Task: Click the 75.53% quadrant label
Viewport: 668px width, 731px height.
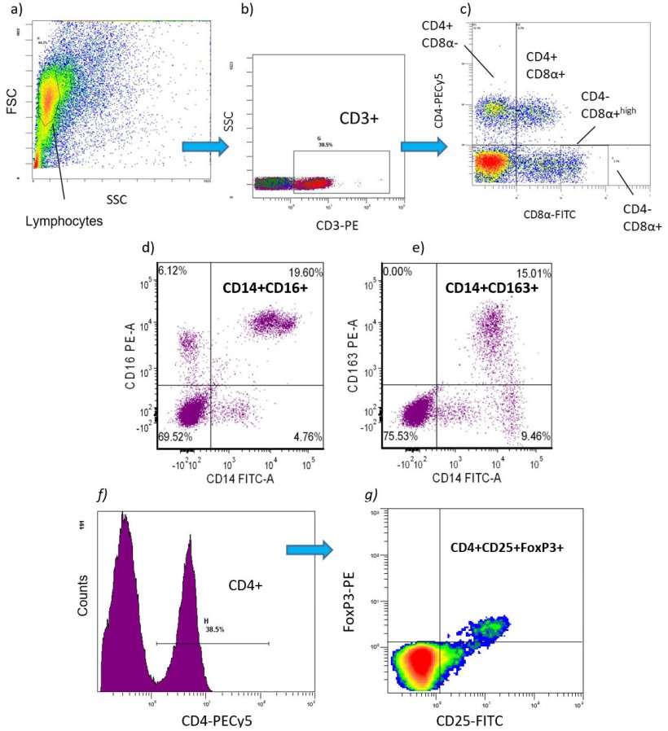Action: pos(402,438)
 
